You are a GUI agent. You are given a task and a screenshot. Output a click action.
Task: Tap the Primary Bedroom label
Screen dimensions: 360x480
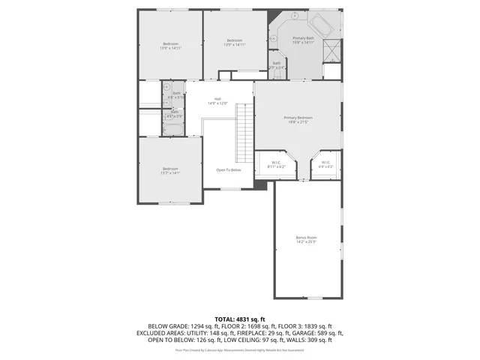[x=298, y=118]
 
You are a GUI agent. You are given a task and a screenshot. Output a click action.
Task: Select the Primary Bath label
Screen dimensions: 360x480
[x=303, y=37]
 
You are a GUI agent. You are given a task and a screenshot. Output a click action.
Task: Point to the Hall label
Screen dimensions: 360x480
[x=217, y=98]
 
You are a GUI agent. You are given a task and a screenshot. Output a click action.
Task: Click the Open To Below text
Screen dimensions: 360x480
[x=229, y=170]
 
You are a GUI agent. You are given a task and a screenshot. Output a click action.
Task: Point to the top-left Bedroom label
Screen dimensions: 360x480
[x=170, y=44]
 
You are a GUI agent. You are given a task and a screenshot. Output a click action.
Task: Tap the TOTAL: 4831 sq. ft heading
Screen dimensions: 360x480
[x=239, y=319]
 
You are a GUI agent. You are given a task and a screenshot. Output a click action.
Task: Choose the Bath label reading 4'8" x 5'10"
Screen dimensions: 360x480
[x=176, y=94]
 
